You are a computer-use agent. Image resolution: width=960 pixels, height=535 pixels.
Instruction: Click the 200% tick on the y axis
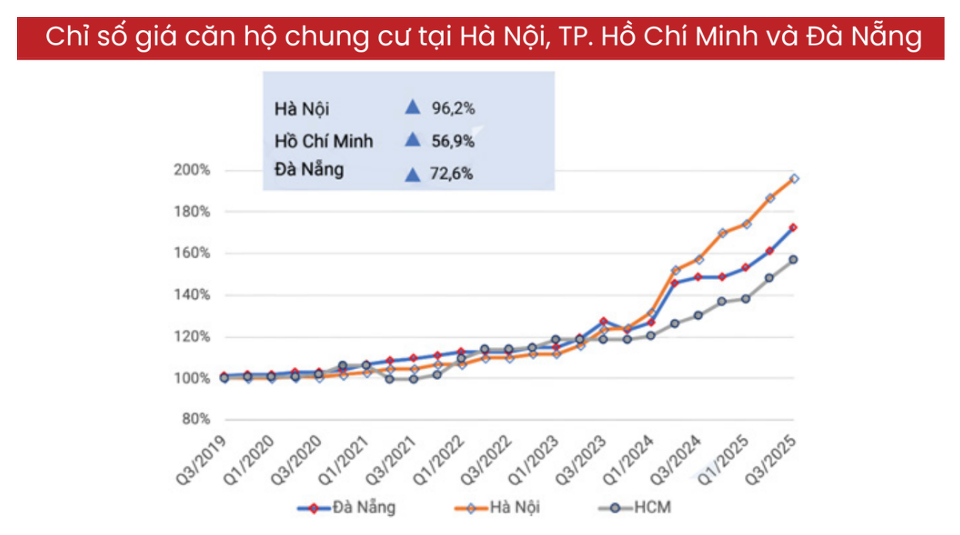point(192,170)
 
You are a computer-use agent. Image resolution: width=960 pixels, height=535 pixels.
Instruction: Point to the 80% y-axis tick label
point(196,419)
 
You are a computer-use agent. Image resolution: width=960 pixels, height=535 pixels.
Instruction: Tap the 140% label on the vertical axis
point(192,295)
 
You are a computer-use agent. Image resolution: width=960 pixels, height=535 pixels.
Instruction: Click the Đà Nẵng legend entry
point(363,507)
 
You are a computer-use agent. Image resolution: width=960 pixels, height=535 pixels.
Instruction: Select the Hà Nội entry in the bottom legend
point(514,507)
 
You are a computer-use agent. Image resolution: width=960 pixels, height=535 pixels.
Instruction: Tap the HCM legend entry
point(652,507)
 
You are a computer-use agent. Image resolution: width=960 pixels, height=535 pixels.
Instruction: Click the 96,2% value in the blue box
point(453,109)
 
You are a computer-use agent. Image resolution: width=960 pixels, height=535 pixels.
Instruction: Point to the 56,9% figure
point(453,141)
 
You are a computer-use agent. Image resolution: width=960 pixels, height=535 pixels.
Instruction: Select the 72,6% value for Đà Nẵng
point(451,174)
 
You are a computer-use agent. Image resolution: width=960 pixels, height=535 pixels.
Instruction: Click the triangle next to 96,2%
point(412,107)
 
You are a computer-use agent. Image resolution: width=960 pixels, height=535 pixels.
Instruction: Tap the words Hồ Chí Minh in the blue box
point(324,141)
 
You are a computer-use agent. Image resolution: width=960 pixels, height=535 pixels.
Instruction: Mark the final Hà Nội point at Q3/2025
point(794,178)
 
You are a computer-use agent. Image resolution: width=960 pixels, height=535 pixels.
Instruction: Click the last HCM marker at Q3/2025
point(793,259)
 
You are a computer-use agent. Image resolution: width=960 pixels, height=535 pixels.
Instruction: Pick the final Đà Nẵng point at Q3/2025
point(793,228)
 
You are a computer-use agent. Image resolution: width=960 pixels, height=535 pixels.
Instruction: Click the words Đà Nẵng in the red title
point(864,37)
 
